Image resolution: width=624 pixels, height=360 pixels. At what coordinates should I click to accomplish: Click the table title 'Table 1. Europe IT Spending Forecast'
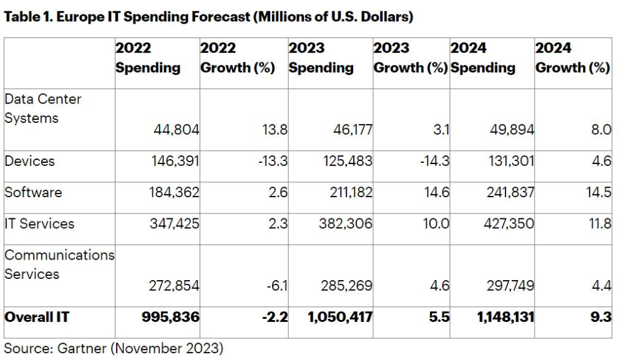coord(208,17)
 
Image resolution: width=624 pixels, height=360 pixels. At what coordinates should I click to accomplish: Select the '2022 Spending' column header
coord(148,58)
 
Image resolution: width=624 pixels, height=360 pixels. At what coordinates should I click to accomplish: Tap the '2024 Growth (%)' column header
coord(572,58)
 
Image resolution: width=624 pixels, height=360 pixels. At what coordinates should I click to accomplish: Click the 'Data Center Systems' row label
coord(43,109)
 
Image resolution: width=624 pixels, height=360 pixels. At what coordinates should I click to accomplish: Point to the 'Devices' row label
coord(29,161)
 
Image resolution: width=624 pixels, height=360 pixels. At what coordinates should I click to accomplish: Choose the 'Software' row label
coord(33,192)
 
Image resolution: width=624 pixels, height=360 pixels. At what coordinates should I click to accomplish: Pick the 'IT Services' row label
coord(39,223)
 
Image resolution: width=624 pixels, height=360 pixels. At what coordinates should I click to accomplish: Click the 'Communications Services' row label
coord(59,265)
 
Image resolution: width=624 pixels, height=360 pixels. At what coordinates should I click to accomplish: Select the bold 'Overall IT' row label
coord(37,317)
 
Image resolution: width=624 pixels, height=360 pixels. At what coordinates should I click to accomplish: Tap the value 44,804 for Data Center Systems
coord(177,130)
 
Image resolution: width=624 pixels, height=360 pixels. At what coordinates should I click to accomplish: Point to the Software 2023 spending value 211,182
coord(351,192)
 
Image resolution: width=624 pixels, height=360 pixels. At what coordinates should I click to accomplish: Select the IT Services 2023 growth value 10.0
coord(436,223)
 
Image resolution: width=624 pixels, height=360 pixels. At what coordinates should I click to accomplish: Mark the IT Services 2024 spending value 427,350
coord(509,223)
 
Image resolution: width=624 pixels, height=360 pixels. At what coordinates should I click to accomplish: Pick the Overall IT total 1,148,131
coord(505,317)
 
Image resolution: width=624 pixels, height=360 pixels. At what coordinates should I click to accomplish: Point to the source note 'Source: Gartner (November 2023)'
coord(114,348)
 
